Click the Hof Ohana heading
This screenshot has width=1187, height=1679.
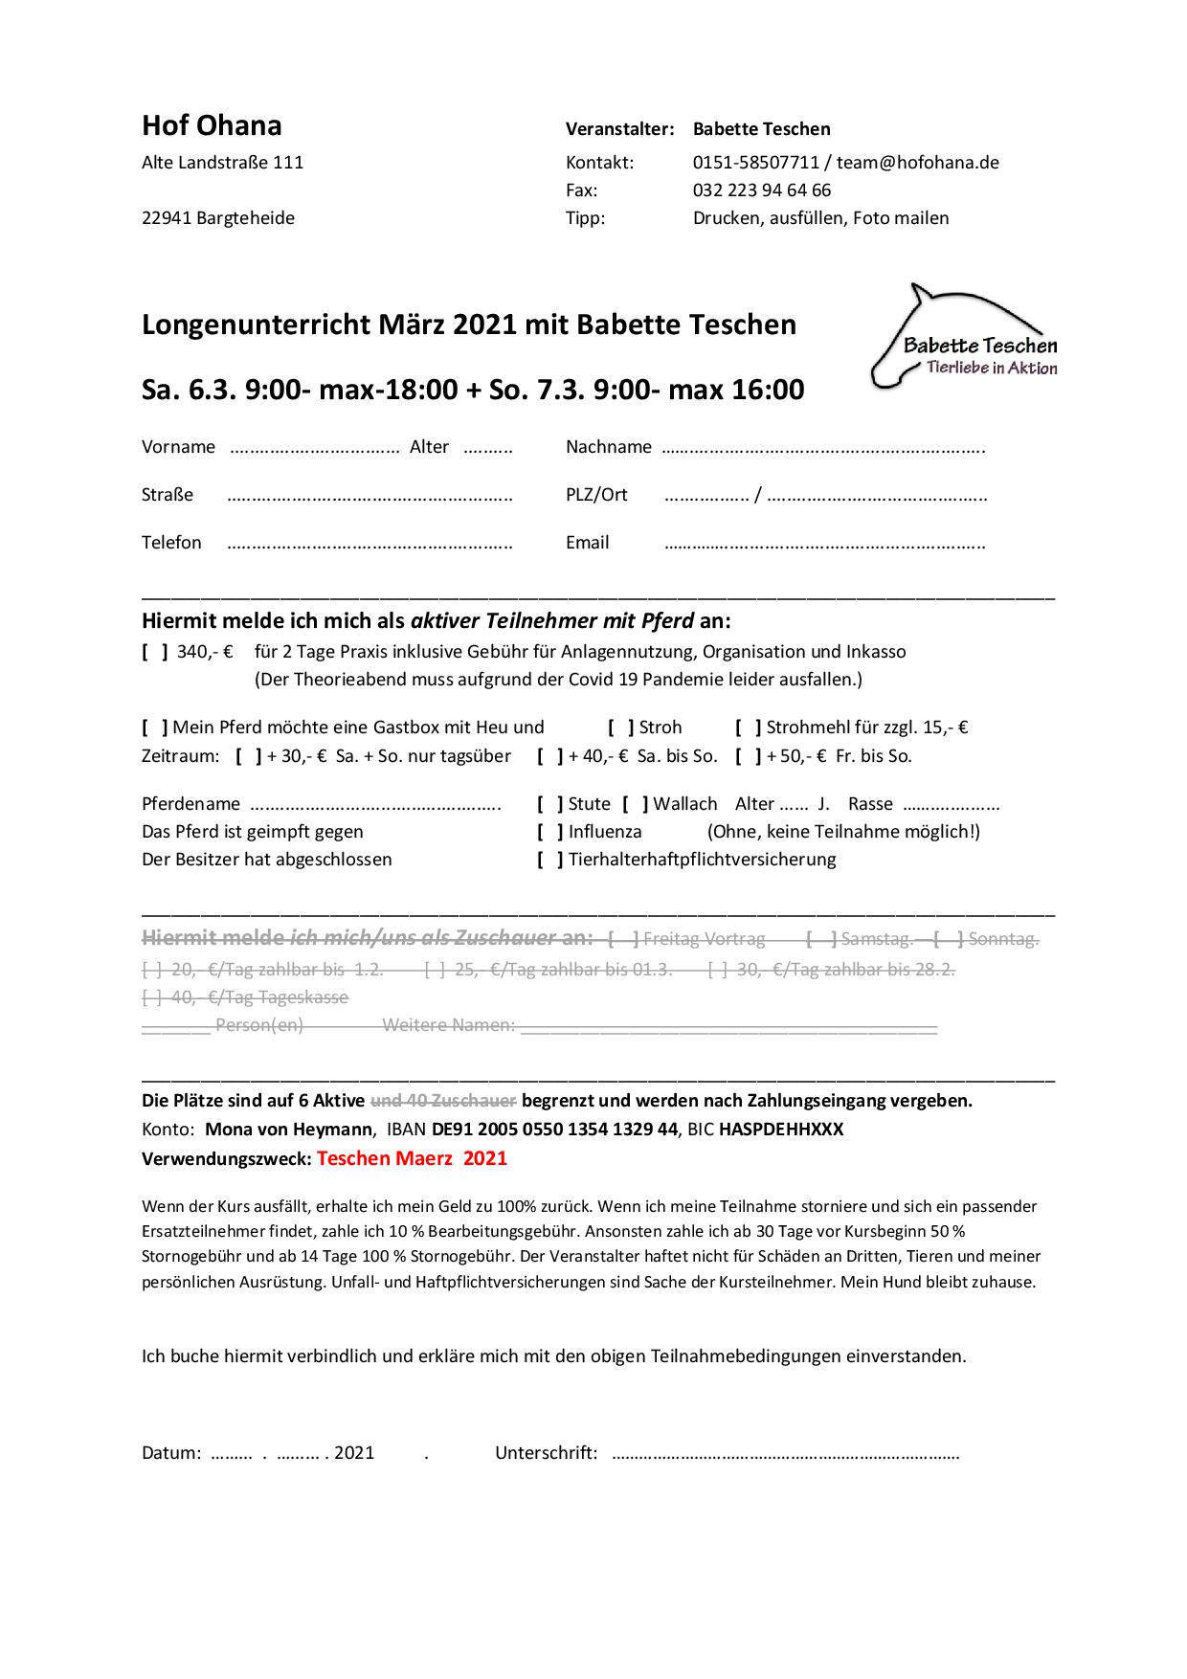(212, 125)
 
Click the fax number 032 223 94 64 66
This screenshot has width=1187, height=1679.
(761, 190)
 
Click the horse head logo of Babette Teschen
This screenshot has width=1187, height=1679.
(964, 337)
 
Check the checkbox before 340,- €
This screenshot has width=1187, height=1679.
(155, 652)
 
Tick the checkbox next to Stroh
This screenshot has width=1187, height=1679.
(621, 728)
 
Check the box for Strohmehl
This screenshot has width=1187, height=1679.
(749, 728)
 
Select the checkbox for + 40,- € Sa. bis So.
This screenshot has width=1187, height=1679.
(550, 756)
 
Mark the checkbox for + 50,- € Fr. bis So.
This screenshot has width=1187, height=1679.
(749, 756)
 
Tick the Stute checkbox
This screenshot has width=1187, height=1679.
(550, 804)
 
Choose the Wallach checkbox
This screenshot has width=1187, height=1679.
(636, 804)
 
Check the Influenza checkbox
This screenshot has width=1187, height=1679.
(550, 832)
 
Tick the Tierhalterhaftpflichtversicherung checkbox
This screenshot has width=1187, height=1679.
(550, 860)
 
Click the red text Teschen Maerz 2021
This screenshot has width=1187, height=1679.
(412, 1158)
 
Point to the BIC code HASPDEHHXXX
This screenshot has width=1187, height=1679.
(781, 1130)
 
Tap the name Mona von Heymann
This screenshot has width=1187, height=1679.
(288, 1130)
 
